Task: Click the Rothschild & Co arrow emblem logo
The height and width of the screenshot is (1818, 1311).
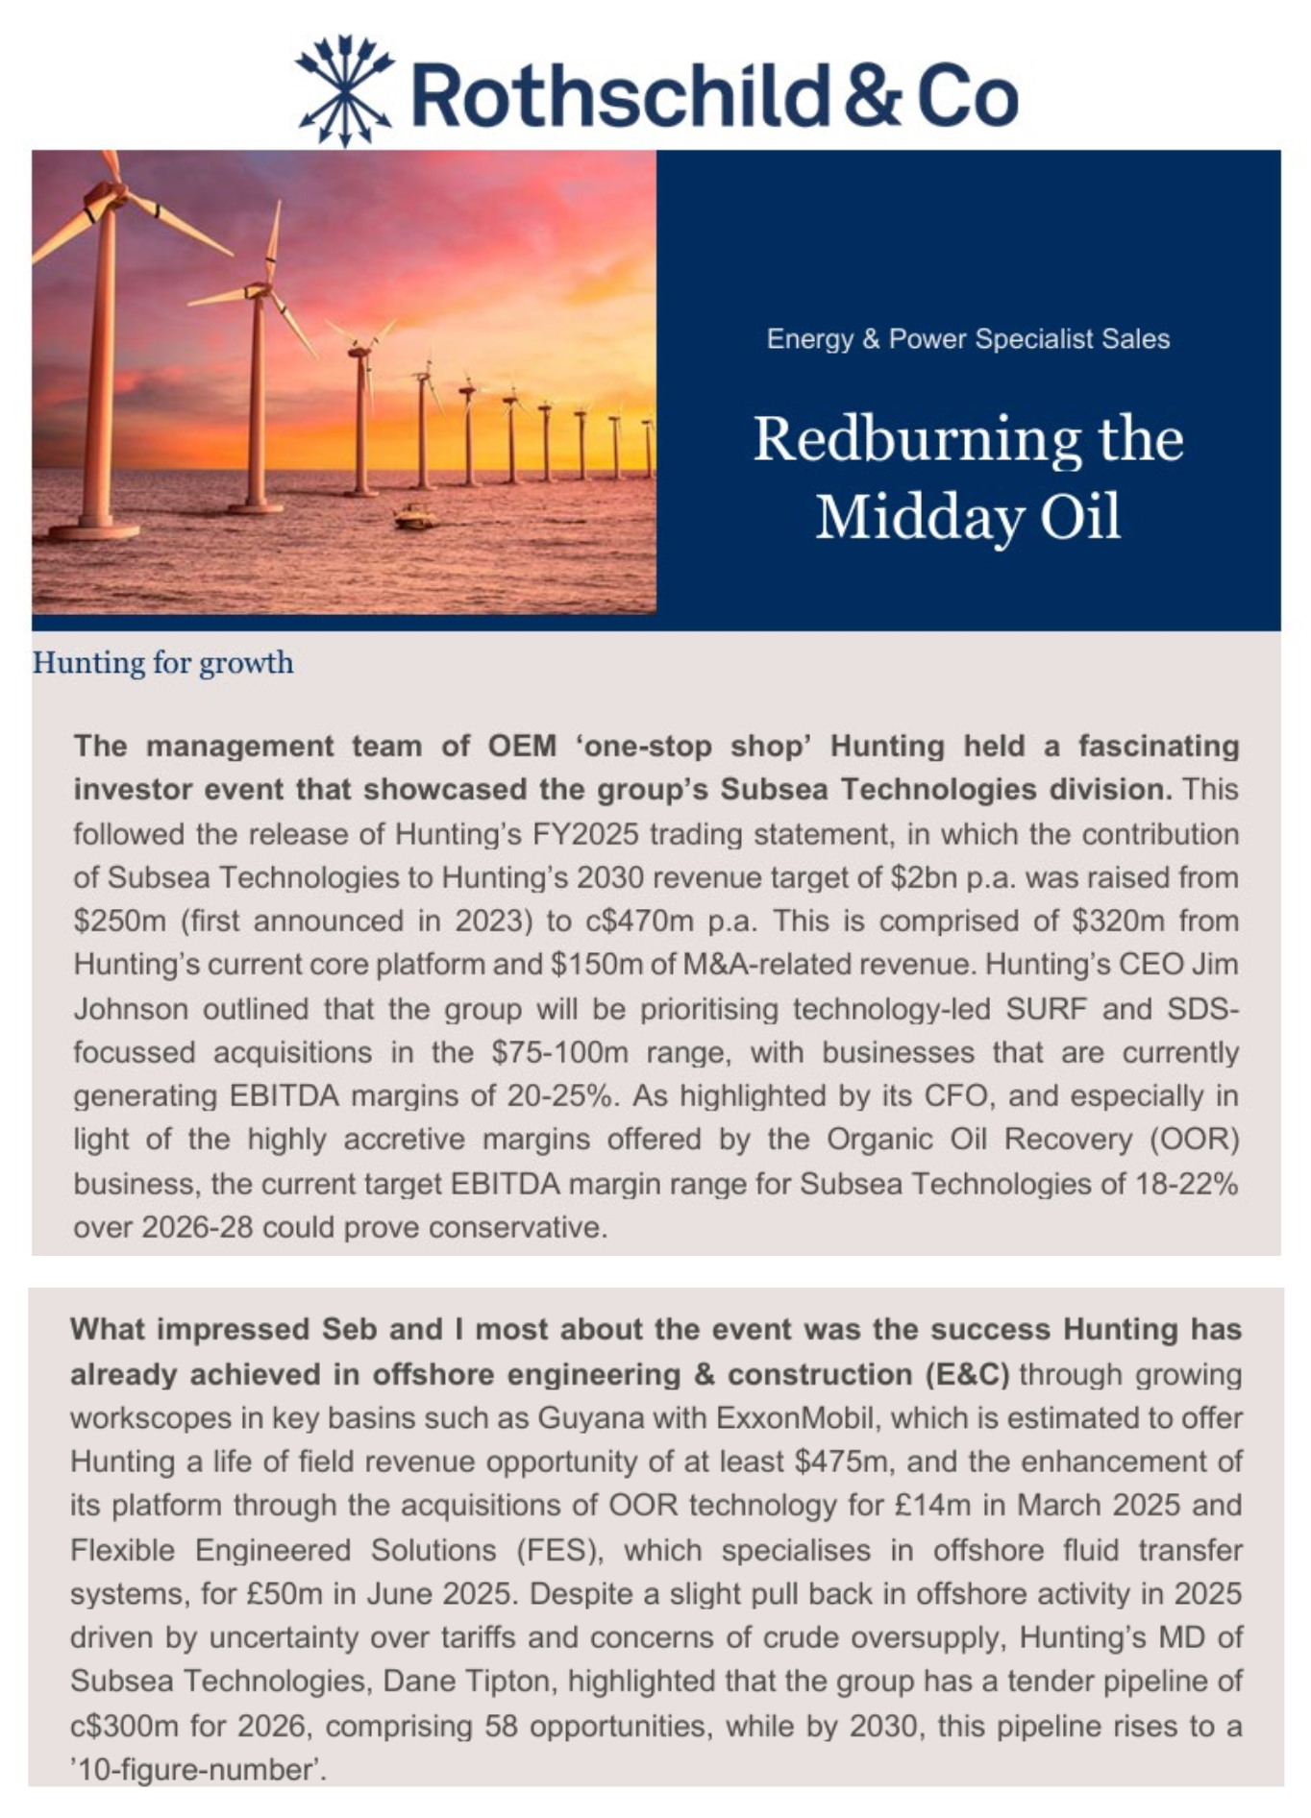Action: [344, 91]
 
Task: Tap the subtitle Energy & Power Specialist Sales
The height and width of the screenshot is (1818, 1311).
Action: [968, 339]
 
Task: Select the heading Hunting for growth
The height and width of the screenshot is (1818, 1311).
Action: [163, 663]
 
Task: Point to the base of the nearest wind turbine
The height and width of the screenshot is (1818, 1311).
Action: [93, 529]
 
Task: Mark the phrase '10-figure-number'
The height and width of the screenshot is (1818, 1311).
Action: [197, 1769]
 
